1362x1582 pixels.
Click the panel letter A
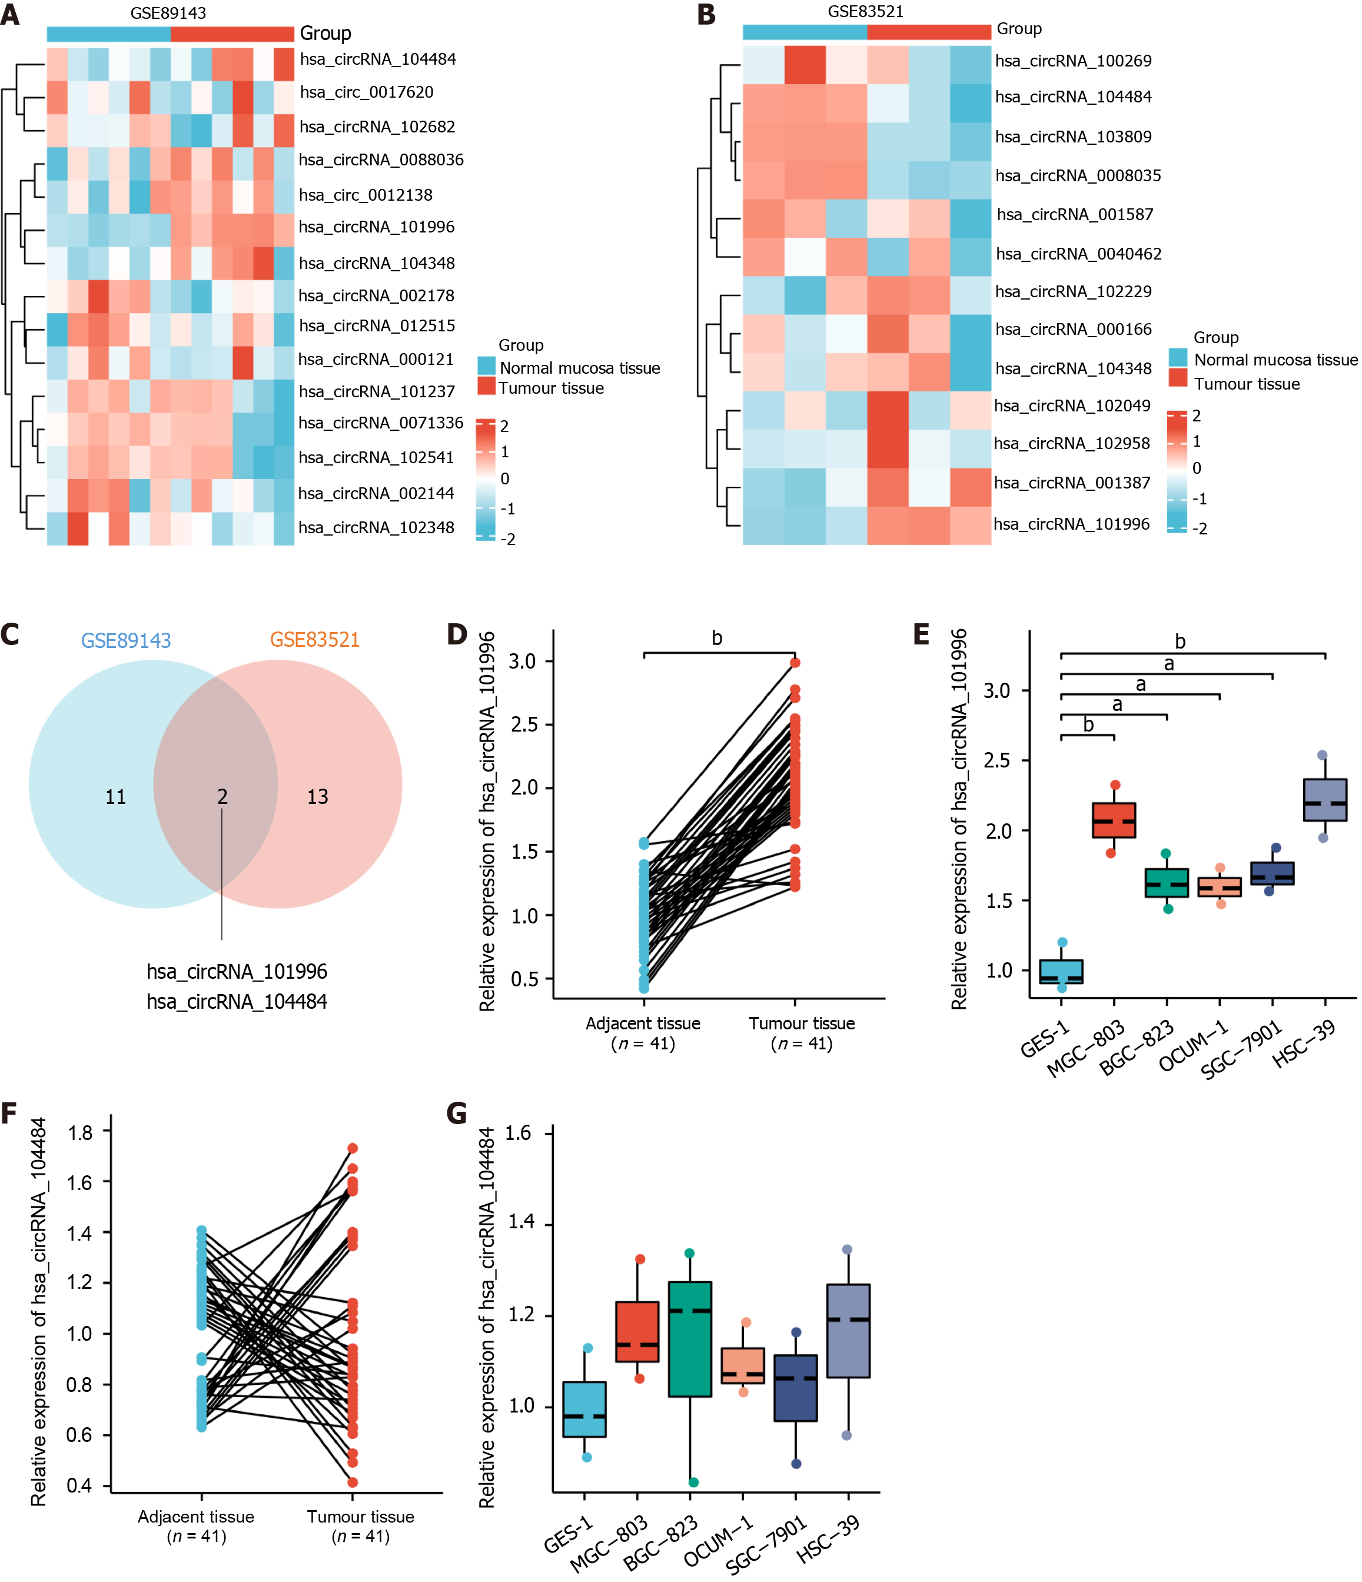(x=10, y=15)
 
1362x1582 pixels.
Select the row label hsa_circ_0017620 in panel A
(x=367, y=92)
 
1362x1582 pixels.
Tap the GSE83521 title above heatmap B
(x=865, y=11)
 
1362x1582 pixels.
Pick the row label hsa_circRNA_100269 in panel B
(x=1072, y=61)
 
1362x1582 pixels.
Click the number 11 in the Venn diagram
(x=115, y=797)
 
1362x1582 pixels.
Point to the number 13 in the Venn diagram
(x=318, y=797)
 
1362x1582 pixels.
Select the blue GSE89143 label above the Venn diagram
(x=126, y=640)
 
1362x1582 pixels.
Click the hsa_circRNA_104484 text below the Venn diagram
(x=237, y=1001)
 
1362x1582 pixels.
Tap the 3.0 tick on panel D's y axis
(x=523, y=661)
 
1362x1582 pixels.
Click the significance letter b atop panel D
(x=717, y=639)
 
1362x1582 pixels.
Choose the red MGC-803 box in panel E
(x=1114, y=820)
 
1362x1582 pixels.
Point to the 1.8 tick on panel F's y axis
(x=80, y=1132)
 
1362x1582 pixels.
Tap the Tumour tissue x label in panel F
(x=360, y=1516)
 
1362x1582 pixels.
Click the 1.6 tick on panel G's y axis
(x=519, y=1133)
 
